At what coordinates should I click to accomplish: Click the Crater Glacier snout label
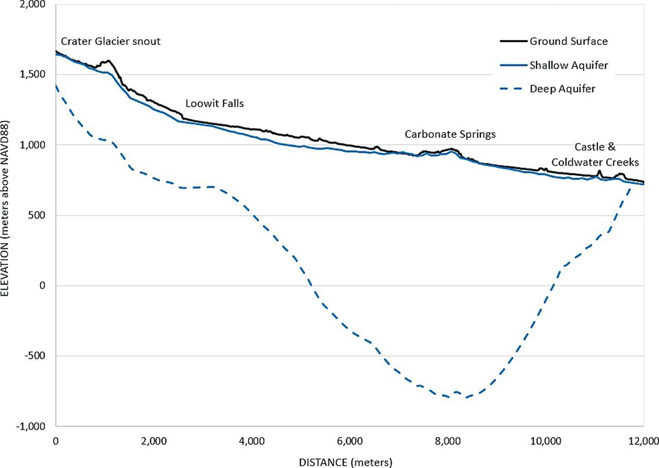pyautogui.click(x=111, y=41)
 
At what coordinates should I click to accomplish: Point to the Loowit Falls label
pyautogui.click(x=215, y=103)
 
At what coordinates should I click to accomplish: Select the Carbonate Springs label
pyautogui.click(x=450, y=134)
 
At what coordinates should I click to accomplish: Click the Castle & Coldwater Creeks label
pyautogui.click(x=595, y=154)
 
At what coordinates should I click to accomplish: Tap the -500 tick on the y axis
pyautogui.click(x=35, y=356)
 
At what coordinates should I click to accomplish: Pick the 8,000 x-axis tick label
pyautogui.click(x=447, y=441)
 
